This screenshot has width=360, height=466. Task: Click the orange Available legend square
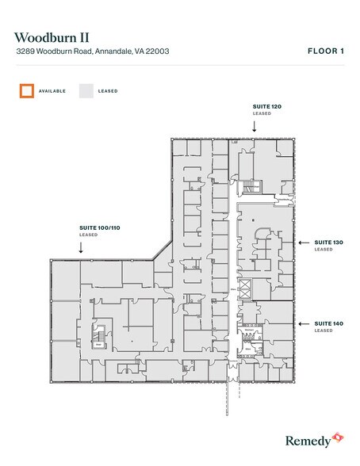(x=27, y=90)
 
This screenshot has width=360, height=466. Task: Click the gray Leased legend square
(x=86, y=90)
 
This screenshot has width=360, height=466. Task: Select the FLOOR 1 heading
(x=325, y=51)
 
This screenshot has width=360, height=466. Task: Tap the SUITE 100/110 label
(x=99, y=227)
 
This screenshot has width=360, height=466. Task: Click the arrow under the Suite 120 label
(x=254, y=127)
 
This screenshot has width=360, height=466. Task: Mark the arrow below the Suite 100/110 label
(x=81, y=247)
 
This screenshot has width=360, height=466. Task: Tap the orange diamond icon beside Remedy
(x=339, y=435)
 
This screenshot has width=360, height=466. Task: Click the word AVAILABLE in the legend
(x=52, y=91)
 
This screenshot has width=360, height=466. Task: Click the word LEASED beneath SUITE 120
(x=262, y=114)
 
